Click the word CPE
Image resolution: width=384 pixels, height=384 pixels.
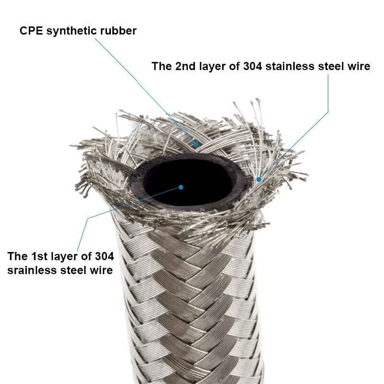tap(30, 31)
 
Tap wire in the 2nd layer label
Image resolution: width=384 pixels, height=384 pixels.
tap(359, 66)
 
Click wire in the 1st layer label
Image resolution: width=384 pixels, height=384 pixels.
tap(102, 270)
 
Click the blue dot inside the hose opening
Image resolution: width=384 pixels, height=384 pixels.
tap(181, 187)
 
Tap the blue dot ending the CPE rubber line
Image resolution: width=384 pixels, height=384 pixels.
tap(195, 144)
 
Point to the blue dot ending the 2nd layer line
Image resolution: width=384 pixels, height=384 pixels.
tap(258, 180)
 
